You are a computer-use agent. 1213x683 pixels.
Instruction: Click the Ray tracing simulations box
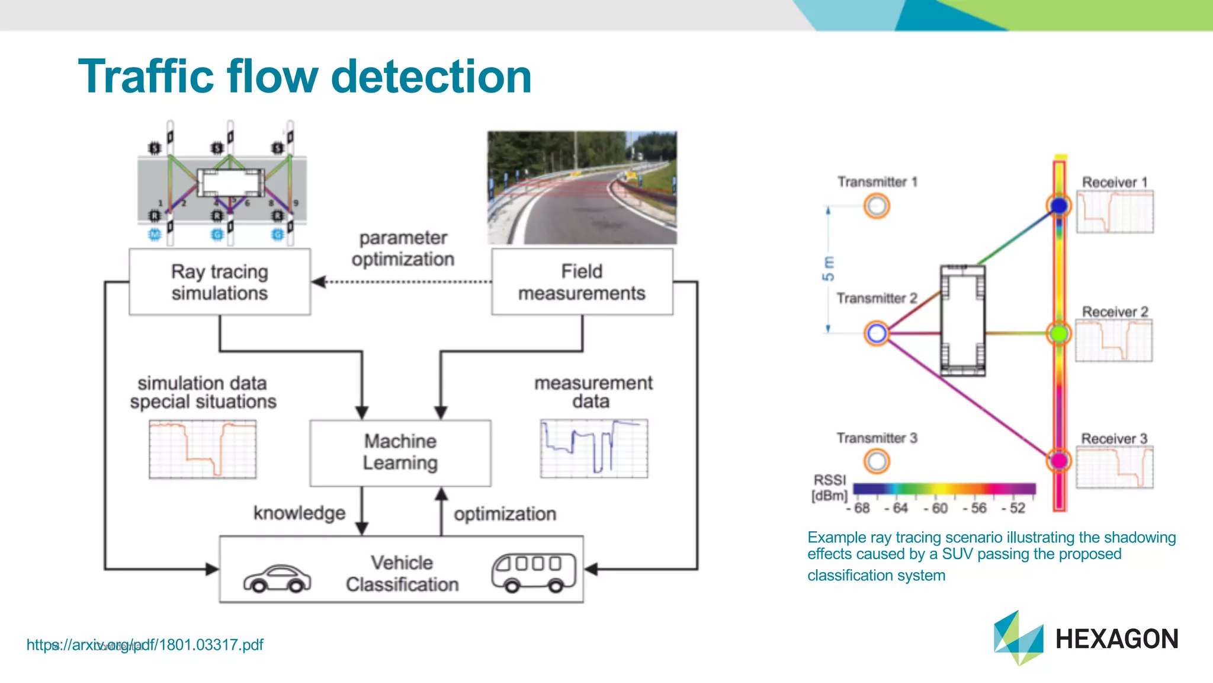(x=220, y=282)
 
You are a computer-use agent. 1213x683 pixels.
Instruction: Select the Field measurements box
(x=582, y=282)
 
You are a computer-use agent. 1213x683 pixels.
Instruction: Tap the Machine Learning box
(x=400, y=452)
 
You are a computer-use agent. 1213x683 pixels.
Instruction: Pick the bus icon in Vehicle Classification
(x=534, y=573)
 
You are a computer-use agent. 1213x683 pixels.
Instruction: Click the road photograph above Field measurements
(x=582, y=187)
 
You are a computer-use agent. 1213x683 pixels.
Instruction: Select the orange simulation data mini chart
(x=203, y=449)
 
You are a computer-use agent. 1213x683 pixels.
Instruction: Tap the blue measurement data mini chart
(x=593, y=448)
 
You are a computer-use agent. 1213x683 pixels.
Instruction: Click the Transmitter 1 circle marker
(x=877, y=206)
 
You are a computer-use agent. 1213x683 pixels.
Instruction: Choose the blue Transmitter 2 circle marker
(x=877, y=333)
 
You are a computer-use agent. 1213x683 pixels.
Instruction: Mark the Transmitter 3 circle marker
(x=877, y=461)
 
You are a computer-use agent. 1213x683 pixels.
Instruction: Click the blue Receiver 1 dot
(x=1059, y=206)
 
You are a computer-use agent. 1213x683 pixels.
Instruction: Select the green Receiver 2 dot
(x=1059, y=333)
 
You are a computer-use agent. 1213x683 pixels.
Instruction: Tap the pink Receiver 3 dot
(x=1059, y=460)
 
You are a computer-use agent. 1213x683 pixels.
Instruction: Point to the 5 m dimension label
(x=828, y=269)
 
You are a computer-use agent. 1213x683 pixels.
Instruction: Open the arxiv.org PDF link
(x=145, y=644)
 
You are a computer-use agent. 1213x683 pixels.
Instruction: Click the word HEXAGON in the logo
(x=1116, y=639)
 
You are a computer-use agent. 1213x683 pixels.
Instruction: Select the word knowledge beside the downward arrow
(x=299, y=513)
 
